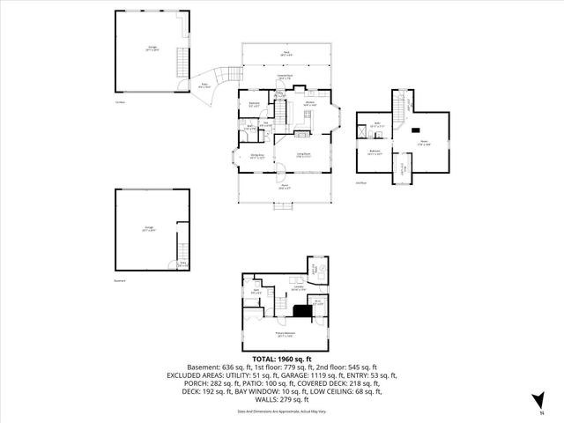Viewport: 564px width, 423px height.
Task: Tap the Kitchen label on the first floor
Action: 310,103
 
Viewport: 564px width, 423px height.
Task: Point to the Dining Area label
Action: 256,156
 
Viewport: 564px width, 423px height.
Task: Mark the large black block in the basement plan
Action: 303,309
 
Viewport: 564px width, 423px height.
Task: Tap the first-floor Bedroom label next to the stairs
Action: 254,105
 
